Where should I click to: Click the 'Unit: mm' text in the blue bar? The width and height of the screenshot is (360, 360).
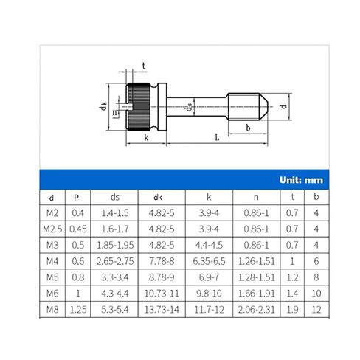pos(301,180)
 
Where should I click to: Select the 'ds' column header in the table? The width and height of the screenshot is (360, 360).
pos(115,197)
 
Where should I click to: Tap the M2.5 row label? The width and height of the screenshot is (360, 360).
pos(52,229)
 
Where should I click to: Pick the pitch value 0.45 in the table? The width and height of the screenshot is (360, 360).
pos(78,229)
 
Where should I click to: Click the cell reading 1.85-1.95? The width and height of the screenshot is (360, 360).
pos(115,245)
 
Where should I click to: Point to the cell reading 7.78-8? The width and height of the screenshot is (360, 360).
pos(162,261)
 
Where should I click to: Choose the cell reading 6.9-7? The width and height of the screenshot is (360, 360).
pos(209,277)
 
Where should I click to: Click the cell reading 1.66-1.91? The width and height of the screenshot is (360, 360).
pos(256,294)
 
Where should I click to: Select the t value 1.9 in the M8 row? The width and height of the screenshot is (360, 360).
pos(292,310)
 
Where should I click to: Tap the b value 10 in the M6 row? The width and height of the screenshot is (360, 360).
pos(316,294)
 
